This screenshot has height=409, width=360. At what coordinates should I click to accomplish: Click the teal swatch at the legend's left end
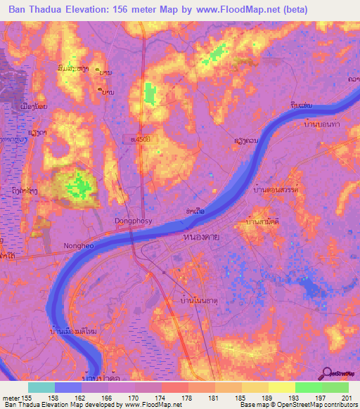click(41, 387)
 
